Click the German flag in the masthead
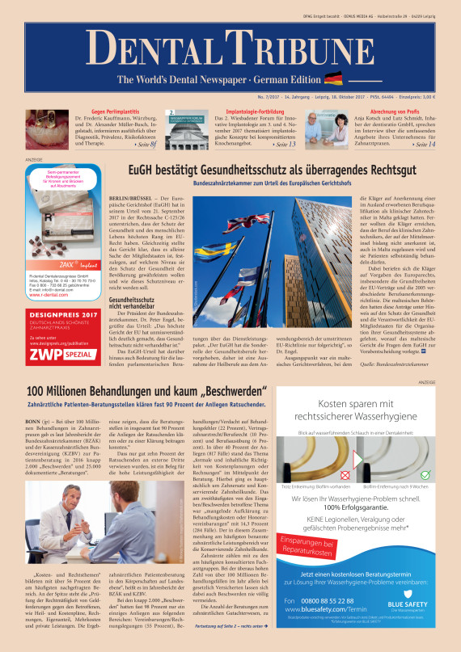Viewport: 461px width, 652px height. tap(332, 78)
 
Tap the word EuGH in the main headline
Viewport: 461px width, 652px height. tap(144, 170)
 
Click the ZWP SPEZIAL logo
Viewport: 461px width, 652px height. tap(62, 352)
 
